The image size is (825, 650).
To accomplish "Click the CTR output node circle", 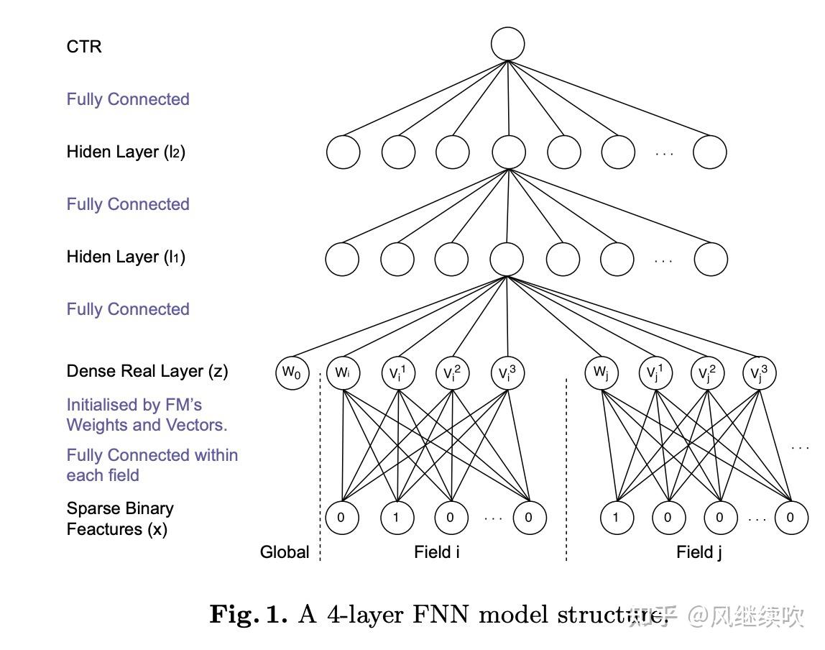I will tap(508, 44).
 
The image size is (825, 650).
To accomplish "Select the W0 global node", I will tap(292, 373).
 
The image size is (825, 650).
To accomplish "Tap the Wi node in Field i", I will tap(343, 373).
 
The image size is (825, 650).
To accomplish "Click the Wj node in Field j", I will tap(601, 373).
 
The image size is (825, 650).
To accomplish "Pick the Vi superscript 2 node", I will tap(452, 373).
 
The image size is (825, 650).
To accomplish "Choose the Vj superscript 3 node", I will tap(760, 373).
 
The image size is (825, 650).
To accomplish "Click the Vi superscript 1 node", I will tap(397, 373).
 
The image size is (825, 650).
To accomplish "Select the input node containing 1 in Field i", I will tap(396, 518).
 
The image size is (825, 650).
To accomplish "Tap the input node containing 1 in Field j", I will tap(617, 518).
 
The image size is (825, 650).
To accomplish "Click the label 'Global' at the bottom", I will tap(285, 552).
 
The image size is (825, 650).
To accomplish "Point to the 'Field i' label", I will tap(437, 552).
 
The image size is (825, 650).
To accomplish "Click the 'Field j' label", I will tap(699, 552).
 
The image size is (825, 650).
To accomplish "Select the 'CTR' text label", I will tap(84, 47).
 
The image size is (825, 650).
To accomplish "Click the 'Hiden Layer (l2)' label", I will tap(126, 152).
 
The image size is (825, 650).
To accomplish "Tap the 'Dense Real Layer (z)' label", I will tap(147, 371).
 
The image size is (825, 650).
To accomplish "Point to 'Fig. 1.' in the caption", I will tap(248, 614).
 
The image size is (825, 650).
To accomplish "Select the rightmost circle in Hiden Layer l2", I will tap(709, 152).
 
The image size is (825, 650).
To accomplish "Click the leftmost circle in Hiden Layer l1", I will tap(342, 259).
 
